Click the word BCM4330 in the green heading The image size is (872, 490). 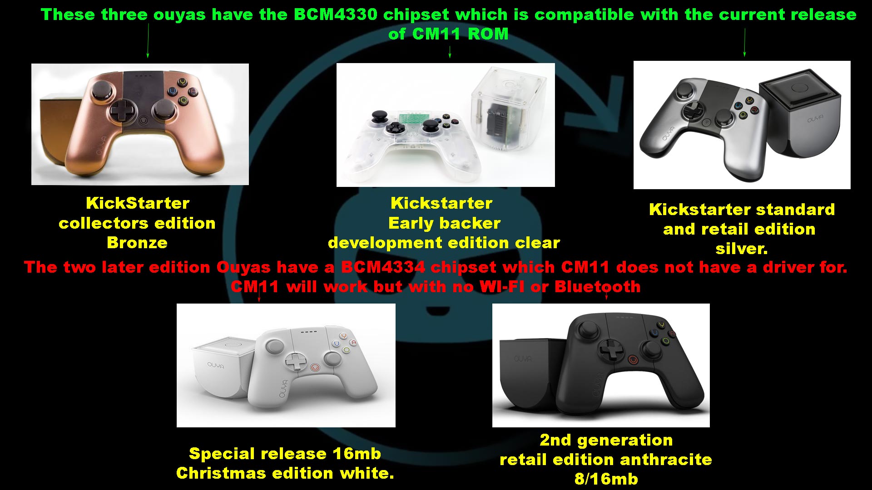click(335, 15)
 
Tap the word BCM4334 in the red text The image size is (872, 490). click(383, 267)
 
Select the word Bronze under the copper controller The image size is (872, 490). click(137, 243)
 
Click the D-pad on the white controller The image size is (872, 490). click(296, 362)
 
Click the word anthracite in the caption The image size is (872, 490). click(666, 460)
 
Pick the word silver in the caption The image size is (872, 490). click(741, 249)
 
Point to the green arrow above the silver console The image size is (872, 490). click(744, 42)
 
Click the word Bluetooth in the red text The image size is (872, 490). click(597, 287)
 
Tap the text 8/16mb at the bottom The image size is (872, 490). click(606, 479)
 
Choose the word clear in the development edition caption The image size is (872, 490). click(537, 243)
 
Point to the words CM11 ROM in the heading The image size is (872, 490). click(461, 34)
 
